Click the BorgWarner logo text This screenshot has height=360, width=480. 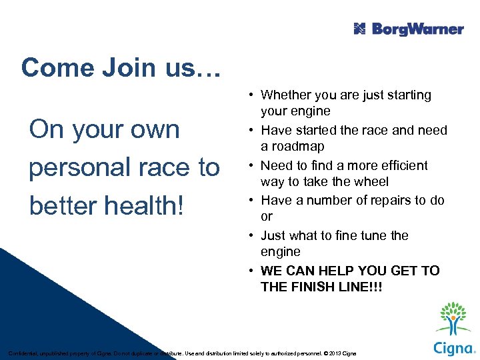coord(417,29)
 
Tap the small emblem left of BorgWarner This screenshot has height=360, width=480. coord(360,29)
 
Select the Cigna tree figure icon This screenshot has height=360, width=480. coord(453,319)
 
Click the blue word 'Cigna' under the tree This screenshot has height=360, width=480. coord(453,347)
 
